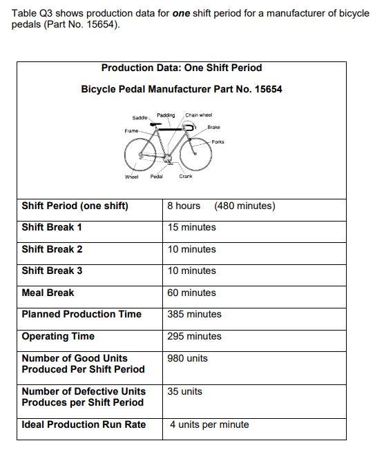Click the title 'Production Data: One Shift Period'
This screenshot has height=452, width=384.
[182, 68]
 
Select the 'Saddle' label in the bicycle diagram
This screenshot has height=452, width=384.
[139, 118]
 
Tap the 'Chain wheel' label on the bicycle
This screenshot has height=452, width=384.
[199, 115]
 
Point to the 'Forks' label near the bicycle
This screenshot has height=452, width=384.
[218, 141]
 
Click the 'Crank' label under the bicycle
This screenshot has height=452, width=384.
[186, 177]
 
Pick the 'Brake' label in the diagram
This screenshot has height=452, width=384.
[214, 128]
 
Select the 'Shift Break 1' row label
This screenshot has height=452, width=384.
[52, 227]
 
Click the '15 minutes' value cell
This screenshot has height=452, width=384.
[191, 227]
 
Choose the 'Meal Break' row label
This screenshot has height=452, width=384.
[48, 293]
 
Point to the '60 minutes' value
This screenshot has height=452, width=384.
[191, 293]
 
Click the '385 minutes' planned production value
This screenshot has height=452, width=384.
[194, 314]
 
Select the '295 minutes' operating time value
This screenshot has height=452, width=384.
[194, 336]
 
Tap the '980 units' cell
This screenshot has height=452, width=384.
[187, 358]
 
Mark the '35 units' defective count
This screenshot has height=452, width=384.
[184, 391]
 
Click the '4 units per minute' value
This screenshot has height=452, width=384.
[209, 424]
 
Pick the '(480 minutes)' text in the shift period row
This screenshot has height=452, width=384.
[244, 206]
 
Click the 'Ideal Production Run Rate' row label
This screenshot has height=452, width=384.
[84, 424]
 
